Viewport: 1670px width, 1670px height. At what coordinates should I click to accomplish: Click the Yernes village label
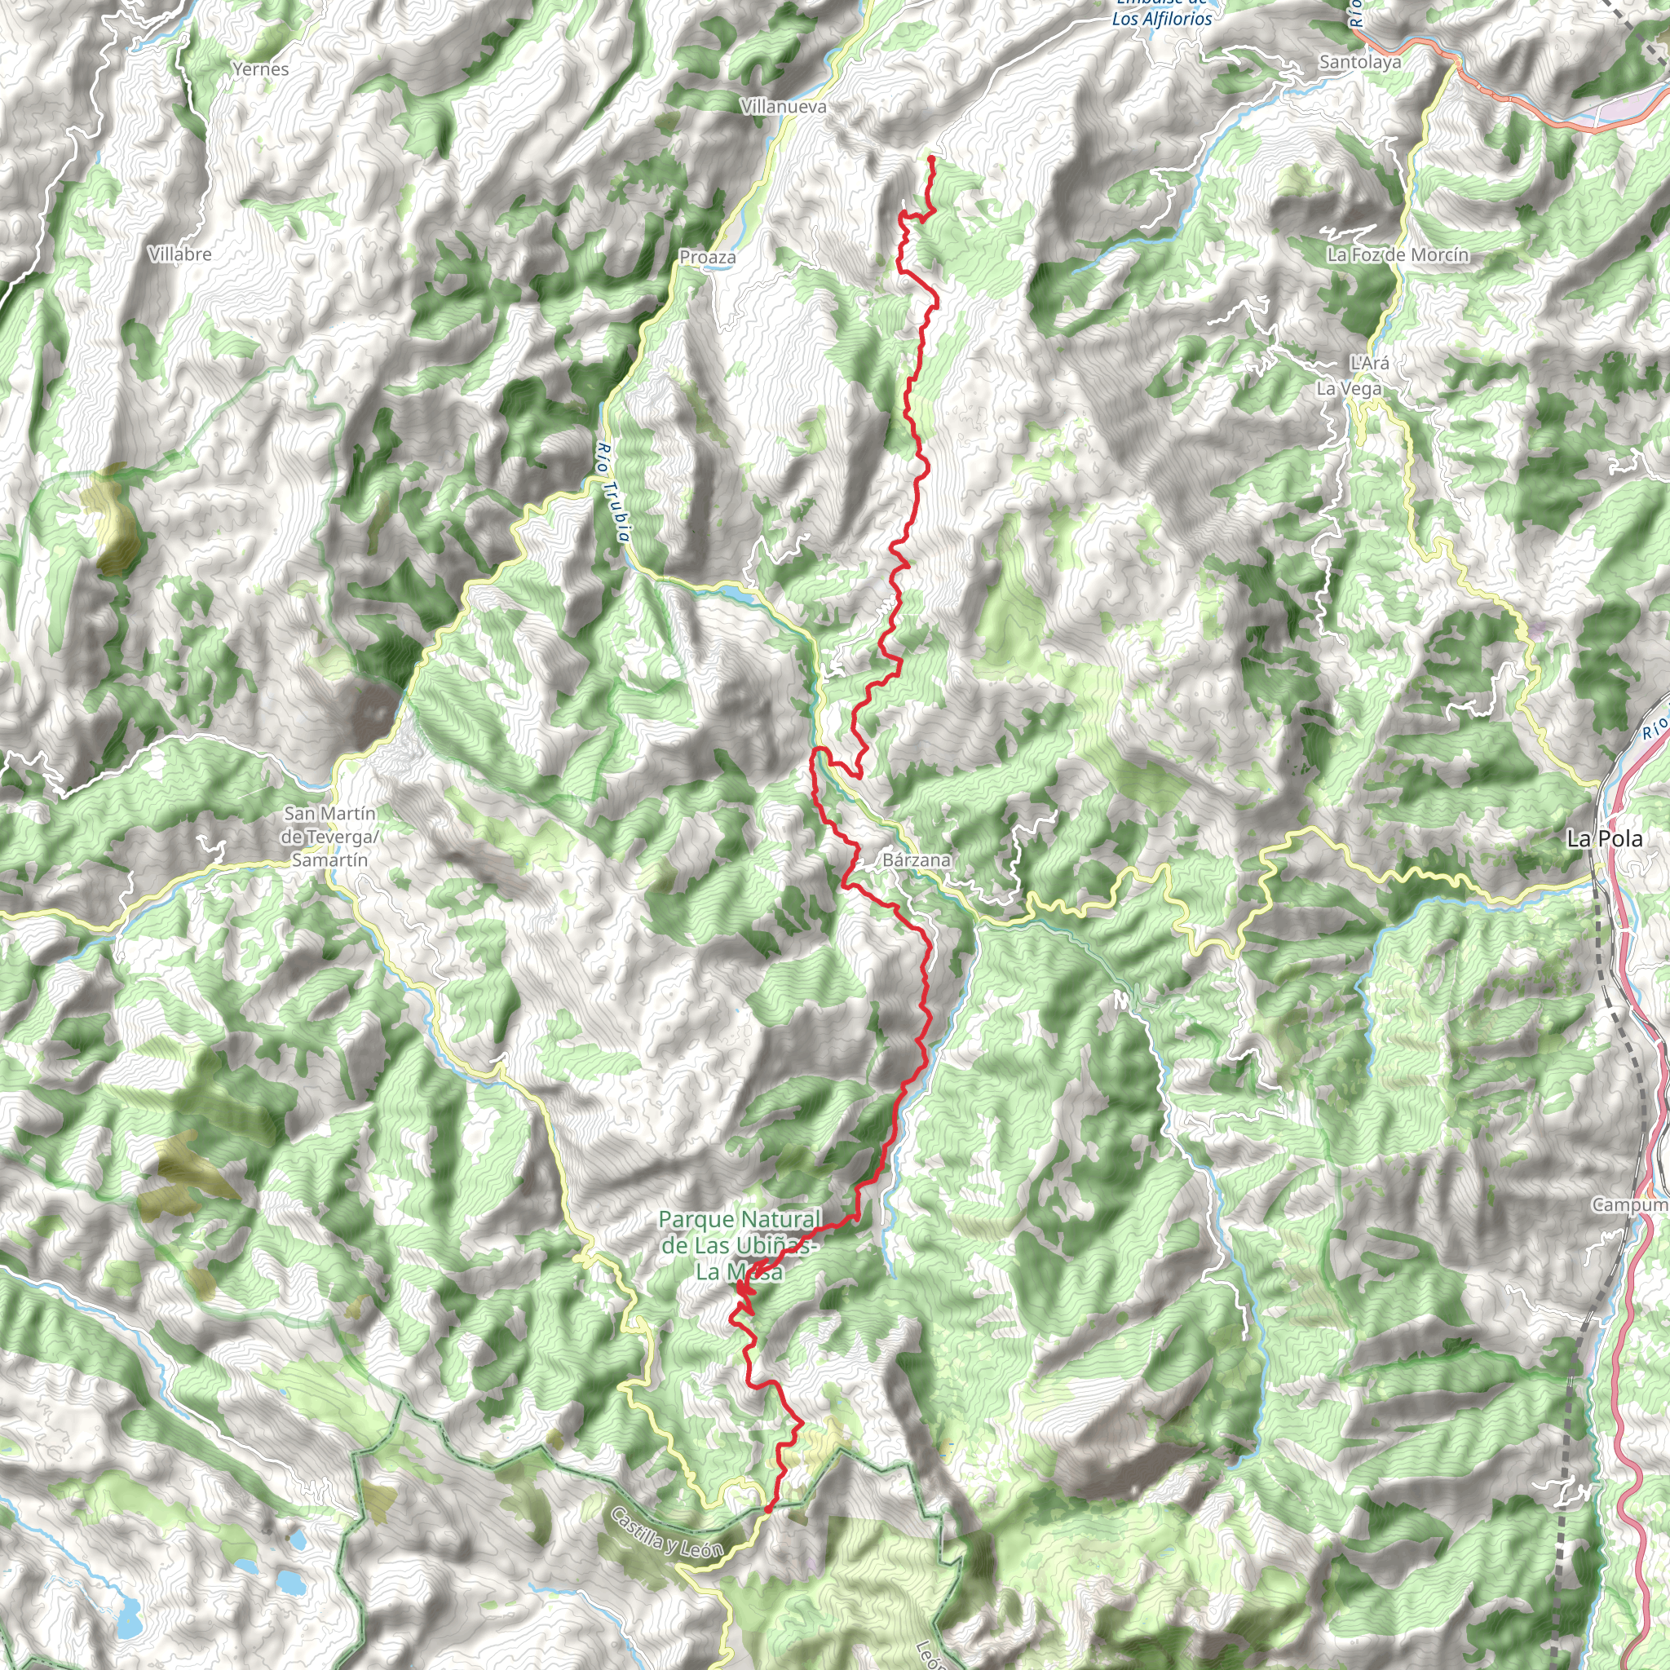click(260, 69)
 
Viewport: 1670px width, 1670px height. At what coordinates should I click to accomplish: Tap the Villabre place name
click(179, 254)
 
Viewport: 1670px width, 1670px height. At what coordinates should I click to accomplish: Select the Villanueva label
click(783, 106)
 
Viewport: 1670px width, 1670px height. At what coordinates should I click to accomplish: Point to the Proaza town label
click(707, 257)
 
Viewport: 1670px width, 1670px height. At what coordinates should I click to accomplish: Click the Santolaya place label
click(1359, 61)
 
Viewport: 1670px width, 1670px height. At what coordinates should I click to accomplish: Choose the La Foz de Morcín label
click(1398, 254)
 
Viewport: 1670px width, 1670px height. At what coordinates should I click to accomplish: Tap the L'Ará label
click(1368, 363)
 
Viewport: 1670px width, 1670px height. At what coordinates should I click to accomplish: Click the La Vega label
click(1349, 389)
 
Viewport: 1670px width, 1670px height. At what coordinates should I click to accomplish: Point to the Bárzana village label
click(917, 860)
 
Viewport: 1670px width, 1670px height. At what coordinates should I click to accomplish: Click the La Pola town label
click(1604, 838)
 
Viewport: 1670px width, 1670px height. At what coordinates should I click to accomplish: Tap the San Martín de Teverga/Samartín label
click(329, 837)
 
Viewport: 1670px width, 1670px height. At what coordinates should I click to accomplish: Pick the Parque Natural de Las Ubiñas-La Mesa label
click(739, 1246)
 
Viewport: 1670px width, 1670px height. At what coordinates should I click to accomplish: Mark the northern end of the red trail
click(931, 158)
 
